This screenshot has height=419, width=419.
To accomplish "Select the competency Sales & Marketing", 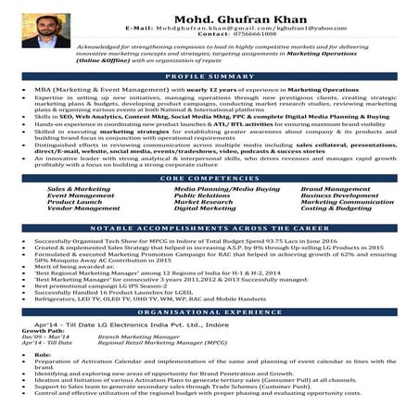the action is (x=78, y=188).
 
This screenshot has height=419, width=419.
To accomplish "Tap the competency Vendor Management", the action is (x=83, y=209).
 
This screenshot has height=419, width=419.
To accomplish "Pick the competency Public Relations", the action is (x=202, y=196).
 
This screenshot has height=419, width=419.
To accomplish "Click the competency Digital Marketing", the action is (x=205, y=209).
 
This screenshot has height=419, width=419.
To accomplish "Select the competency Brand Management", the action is (x=335, y=188).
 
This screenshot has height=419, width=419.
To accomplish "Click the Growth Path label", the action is (x=44, y=330).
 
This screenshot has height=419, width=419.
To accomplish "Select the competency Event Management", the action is (x=81, y=196).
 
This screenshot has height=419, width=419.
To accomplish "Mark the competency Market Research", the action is (x=203, y=202).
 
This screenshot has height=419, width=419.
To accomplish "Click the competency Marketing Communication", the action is (x=347, y=202).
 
